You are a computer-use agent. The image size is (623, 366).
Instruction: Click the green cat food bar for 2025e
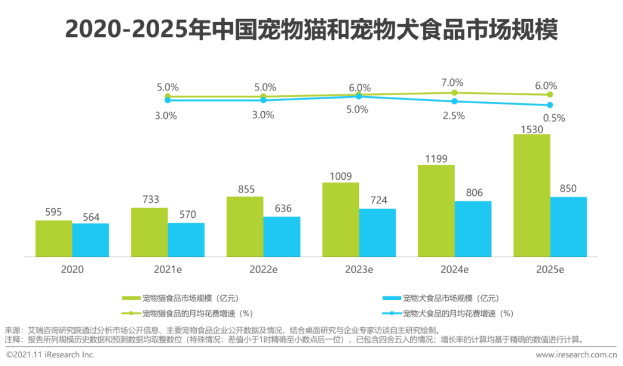point(531,195)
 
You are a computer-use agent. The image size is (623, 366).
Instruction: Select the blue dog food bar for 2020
point(91,240)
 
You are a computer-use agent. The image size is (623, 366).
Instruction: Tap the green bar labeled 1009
point(340,220)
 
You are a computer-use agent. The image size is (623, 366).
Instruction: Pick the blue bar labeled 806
point(473,229)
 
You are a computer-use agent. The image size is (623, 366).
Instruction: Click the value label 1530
point(531,129)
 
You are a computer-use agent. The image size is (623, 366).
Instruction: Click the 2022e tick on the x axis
point(263,269)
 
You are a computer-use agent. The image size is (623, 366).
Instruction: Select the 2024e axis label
point(455,269)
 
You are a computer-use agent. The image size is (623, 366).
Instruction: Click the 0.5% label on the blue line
point(554,118)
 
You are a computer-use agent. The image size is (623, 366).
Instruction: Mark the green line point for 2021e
point(168,96)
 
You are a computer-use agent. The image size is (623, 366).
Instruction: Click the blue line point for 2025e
point(550,105)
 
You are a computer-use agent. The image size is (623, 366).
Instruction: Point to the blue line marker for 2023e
point(359,97)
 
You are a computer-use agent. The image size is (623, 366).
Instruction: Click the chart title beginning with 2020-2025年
point(311,29)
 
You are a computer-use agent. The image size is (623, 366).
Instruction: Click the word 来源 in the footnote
point(13,330)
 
